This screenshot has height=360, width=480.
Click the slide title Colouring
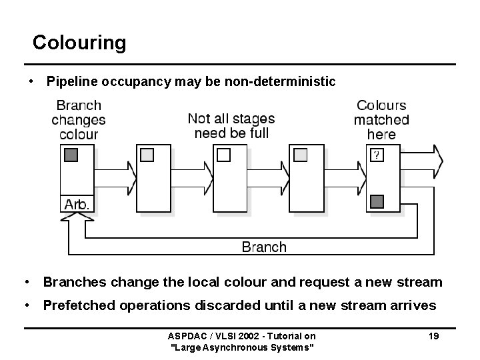[x=79, y=43]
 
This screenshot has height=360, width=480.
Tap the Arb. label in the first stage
[x=76, y=205]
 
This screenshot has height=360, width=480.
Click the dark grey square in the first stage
[x=71, y=155]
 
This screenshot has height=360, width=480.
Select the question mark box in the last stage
[x=377, y=155]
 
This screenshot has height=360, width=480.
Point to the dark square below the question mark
[x=377, y=201]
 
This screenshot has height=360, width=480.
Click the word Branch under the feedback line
[x=263, y=247]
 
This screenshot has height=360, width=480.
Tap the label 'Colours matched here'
[x=381, y=119]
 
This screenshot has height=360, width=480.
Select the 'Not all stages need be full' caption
[x=231, y=125]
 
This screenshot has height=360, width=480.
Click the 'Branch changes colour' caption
[x=79, y=119]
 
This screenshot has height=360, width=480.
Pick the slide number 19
[x=433, y=337]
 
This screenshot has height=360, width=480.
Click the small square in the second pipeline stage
[x=147, y=155]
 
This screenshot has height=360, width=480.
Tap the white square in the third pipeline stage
[x=224, y=155]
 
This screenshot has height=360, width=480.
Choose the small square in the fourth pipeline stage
[x=301, y=155]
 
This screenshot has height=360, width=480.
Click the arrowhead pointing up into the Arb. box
[x=85, y=224]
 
